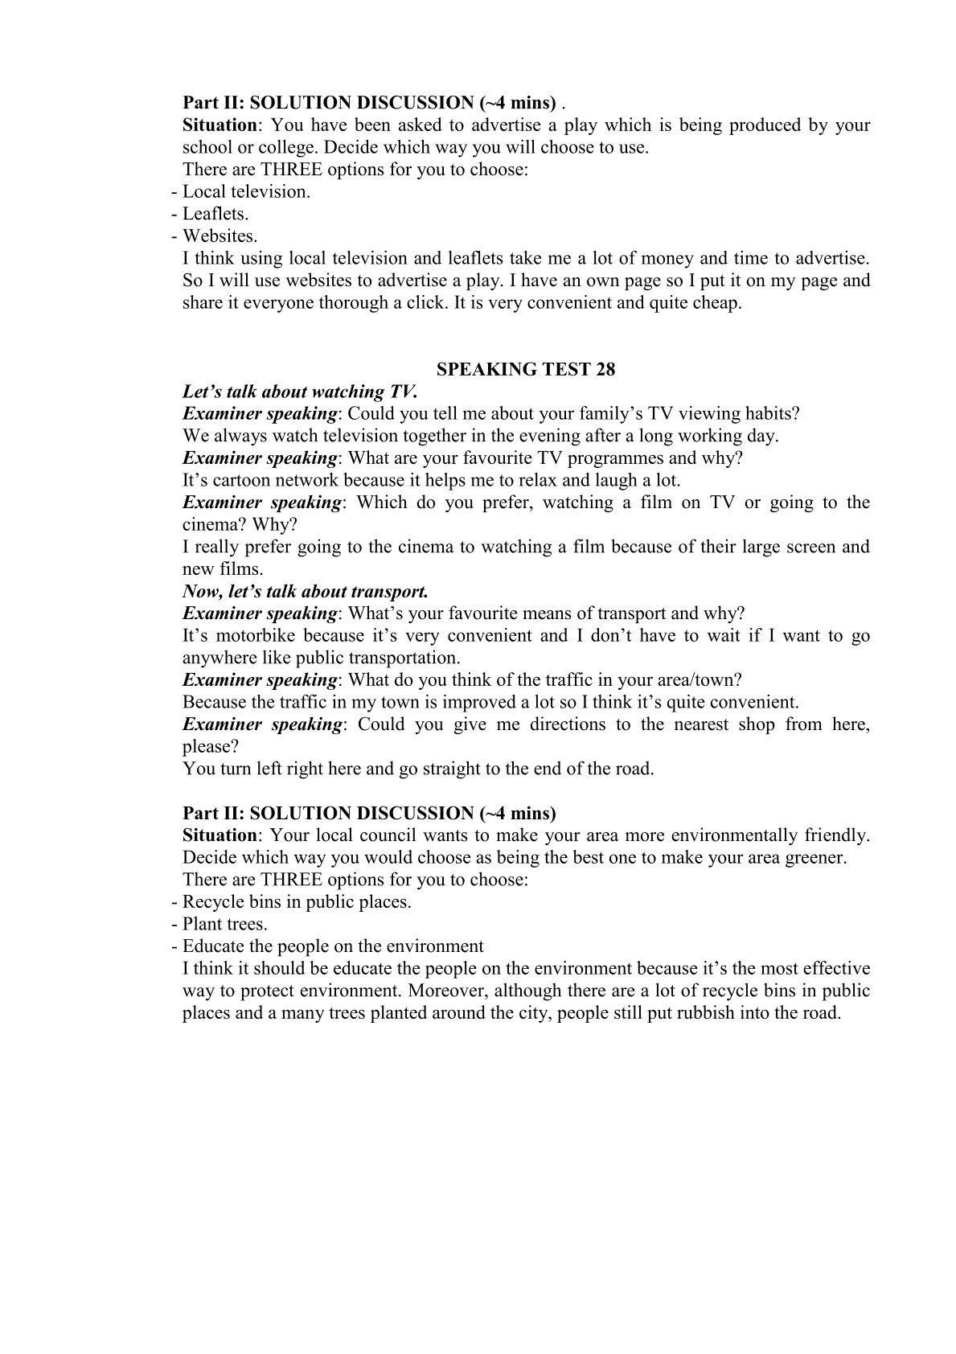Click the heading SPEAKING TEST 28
point(525,369)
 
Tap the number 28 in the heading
point(605,369)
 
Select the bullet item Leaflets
point(215,214)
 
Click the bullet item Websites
point(220,236)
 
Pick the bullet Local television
point(245,191)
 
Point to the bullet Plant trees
point(224,924)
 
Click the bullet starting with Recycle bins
point(296,901)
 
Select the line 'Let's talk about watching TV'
point(300,392)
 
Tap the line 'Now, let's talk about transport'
point(306,591)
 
